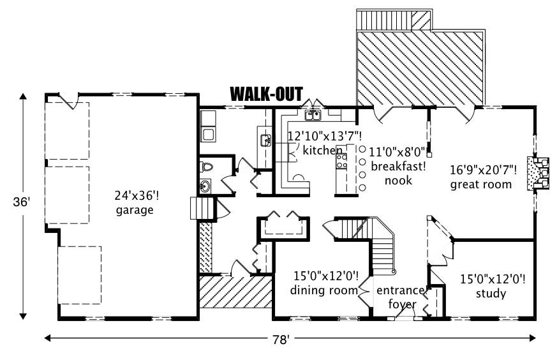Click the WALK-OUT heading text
click(266, 94)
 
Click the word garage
click(134, 210)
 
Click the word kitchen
click(318, 150)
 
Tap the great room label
click(480, 184)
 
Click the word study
click(491, 294)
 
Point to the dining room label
click(323, 291)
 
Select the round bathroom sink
click(205, 186)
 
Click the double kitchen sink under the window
click(312, 116)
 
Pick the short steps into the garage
click(200, 209)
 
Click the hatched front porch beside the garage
click(234, 292)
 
